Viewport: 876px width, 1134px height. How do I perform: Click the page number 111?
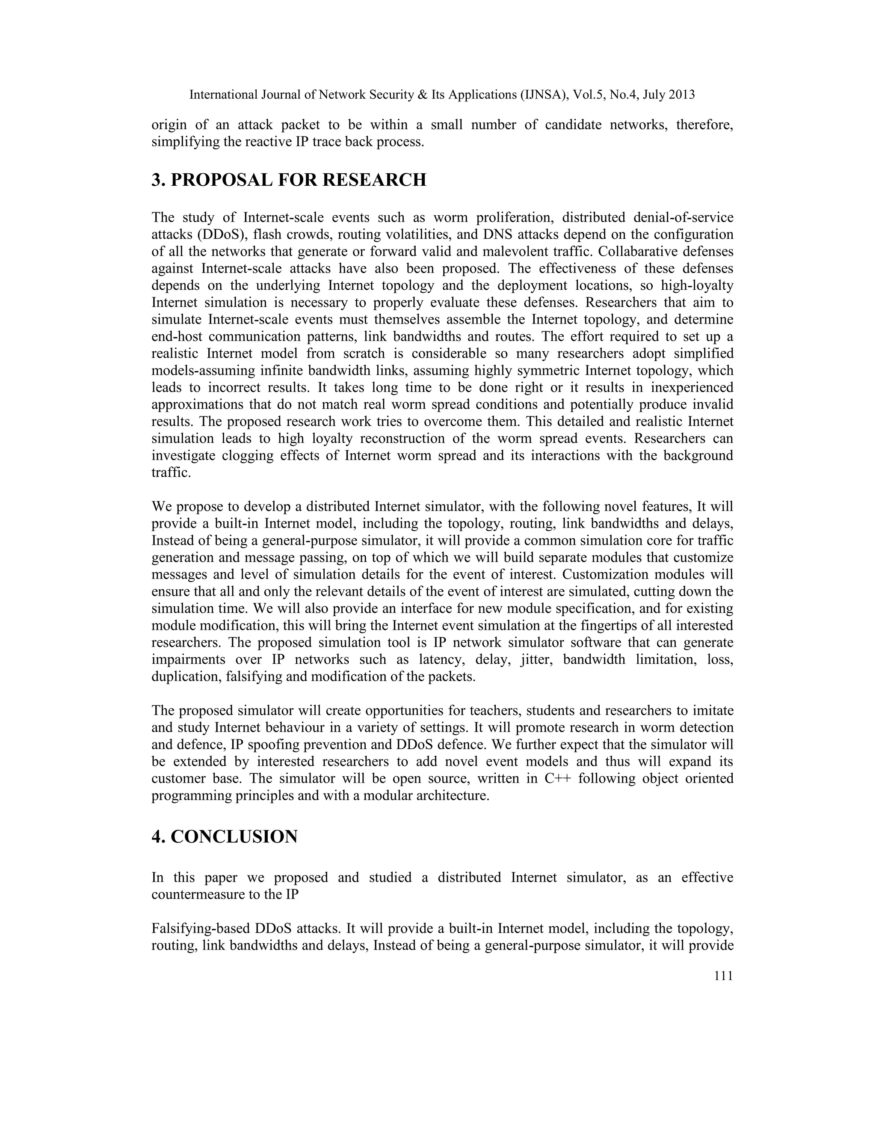pos(723,976)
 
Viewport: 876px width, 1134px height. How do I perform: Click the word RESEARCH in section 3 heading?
pos(374,180)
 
